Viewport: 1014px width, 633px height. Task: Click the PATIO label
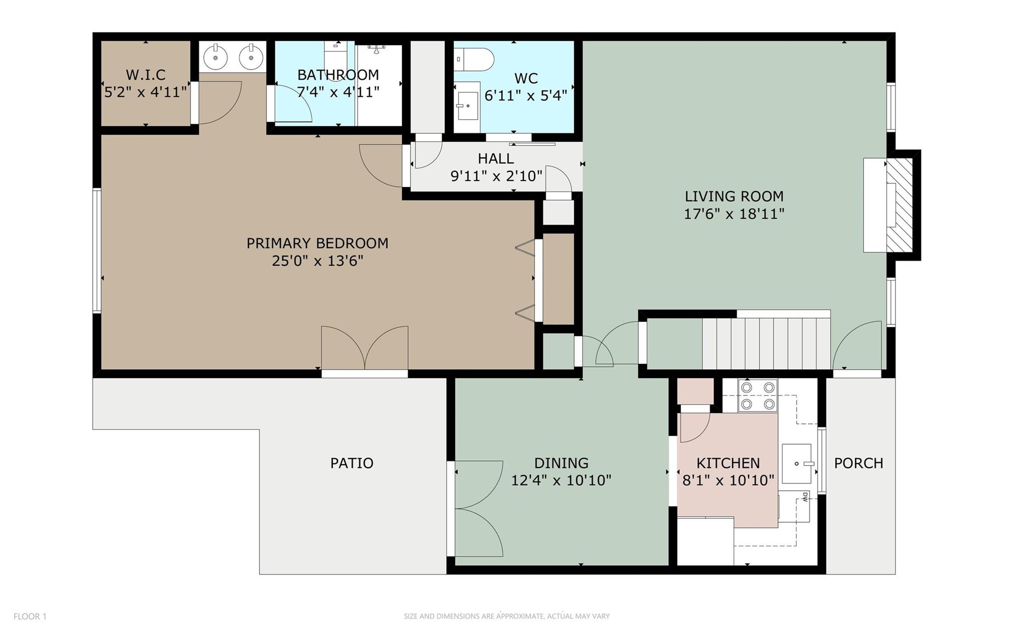click(352, 463)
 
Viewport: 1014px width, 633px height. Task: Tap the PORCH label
click(859, 463)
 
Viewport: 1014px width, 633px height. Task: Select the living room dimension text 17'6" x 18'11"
click(734, 214)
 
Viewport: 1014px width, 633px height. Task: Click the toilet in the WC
click(474, 59)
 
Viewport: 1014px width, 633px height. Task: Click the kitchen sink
click(797, 464)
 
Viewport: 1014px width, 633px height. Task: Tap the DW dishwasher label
click(805, 497)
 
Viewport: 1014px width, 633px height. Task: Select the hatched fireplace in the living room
click(899, 205)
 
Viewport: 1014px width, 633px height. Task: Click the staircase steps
click(766, 343)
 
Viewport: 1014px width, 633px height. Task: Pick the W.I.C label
click(146, 75)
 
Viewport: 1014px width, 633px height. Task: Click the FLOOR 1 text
click(30, 616)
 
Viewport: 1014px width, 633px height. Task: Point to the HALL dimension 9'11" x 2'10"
click(496, 176)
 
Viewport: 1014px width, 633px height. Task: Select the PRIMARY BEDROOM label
click(317, 243)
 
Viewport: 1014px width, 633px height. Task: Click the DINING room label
click(561, 463)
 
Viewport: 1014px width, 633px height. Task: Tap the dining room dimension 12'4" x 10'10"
click(561, 480)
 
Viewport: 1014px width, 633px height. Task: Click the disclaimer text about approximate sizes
click(507, 616)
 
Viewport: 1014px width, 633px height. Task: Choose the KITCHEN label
click(728, 463)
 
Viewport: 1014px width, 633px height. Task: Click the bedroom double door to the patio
click(365, 349)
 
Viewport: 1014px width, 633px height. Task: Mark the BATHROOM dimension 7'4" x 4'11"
click(338, 92)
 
